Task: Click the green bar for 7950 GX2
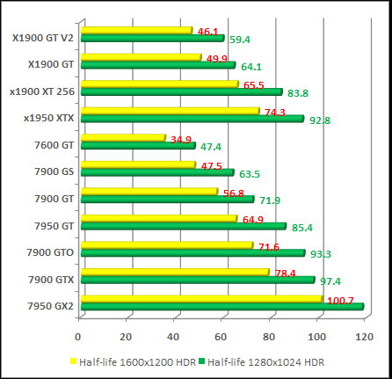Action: (220, 306)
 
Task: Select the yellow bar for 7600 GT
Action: (122, 137)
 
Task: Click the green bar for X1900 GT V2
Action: (151, 39)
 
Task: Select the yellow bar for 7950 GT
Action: (157, 218)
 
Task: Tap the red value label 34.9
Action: (181, 140)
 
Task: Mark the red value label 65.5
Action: (253, 86)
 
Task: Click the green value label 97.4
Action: (330, 281)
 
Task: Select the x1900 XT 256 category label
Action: (42, 91)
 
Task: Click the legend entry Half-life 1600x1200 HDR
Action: (126, 361)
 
